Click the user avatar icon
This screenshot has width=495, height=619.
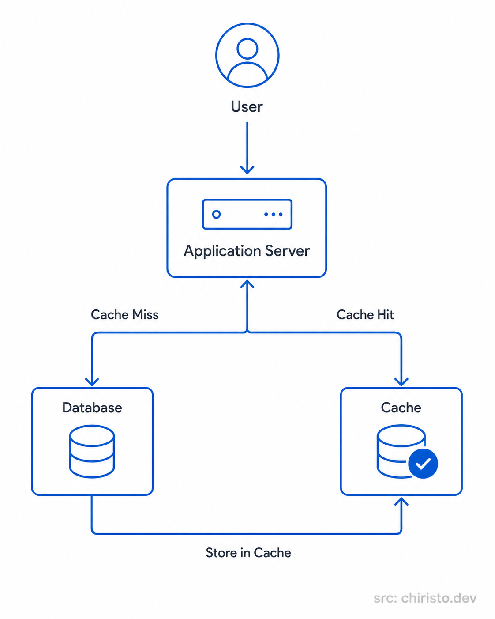(x=247, y=55)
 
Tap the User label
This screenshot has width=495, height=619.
(x=247, y=107)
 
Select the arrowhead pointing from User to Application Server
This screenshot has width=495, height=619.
(x=247, y=170)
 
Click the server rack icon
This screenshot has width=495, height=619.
(x=247, y=214)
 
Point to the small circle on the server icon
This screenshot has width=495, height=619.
(x=217, y=214)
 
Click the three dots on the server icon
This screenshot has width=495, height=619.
(x=274, y=214)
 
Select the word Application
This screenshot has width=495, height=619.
(x=222, y=251)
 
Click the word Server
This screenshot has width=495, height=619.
(x=287, y=251)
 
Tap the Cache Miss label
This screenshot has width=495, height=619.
(x=125, y=315)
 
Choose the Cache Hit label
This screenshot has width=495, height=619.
(x=365, y=315)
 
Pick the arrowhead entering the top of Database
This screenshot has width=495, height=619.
(x=92, y=382)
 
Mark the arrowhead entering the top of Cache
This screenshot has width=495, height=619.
(x=401, y=382)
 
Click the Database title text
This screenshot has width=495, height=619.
(x=92, y=408)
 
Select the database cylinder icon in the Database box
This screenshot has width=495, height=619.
(x=92, y=451)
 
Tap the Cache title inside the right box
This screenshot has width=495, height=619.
(x=401, y=408)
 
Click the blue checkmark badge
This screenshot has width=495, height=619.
(x=423, y=464)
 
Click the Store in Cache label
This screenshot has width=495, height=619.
(x=248, y=553)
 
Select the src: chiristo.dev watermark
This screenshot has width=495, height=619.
(x=425, y=598)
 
